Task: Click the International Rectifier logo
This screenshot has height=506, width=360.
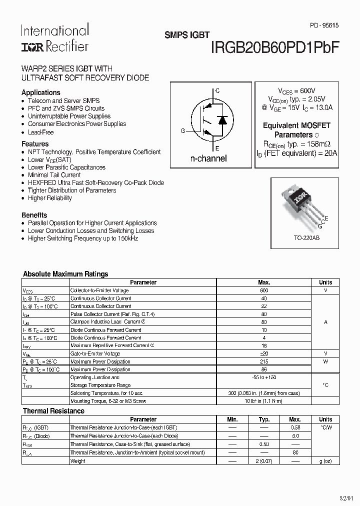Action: [x=54, y=38]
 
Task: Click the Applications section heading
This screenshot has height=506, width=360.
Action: [x=41, y=92]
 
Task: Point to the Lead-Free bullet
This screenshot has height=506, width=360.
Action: [x=40, y=132]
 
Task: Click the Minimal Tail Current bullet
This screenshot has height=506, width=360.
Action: [x=54, y=175]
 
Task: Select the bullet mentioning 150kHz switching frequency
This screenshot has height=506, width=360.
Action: [x=82, y=238]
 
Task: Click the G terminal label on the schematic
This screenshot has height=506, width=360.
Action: [x=183, y=130]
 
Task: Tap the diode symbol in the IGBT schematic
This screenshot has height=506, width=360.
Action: [x=223, y=120]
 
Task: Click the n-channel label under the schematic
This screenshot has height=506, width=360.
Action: [x=208, y=158]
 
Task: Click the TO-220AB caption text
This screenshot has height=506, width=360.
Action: [x=306, y=238]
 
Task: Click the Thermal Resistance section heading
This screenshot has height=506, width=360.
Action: [x=54, y=411]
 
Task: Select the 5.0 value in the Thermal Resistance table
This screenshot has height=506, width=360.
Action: [x=295, y=435]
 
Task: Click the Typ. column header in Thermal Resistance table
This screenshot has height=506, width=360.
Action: [x=264, y=419]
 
